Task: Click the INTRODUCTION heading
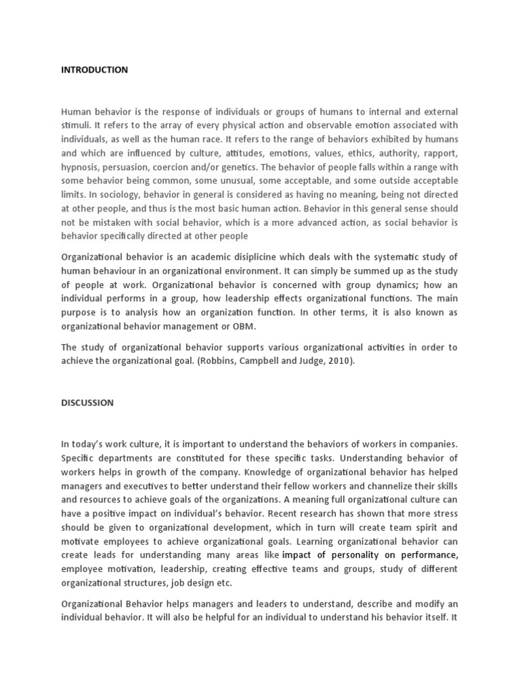[x=94, y=70]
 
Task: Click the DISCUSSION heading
[x=87, y=403]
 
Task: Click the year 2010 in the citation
[x=338, y=361]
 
